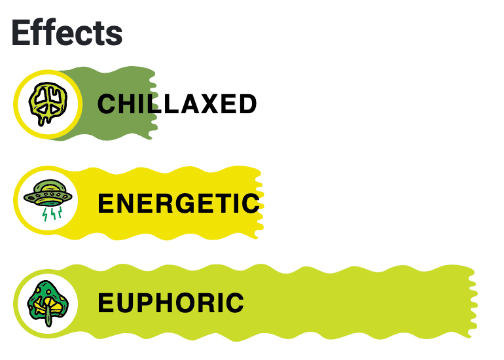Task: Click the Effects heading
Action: click(x=67, y=32)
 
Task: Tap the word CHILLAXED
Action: click(x=177, y=104)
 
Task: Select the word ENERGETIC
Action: click(x=179, y=204)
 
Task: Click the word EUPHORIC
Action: click(x=171, y=303)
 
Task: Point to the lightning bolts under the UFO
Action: click(x=51, y=215)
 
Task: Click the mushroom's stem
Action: click(x=48, y=317)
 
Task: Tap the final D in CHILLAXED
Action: click(x=247, y=104)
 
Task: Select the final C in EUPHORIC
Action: click(x=234, y=303)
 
